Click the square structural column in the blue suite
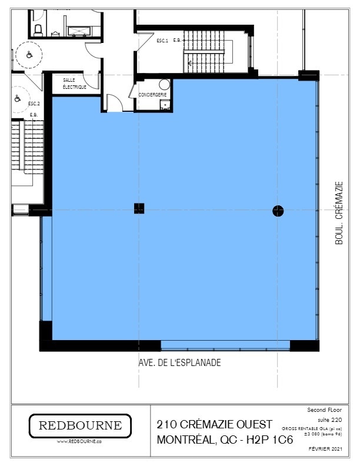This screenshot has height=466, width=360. (x=139, y=208)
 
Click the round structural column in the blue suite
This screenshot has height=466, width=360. (x=278, y=211)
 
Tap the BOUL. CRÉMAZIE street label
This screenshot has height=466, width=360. (x=339, y=212)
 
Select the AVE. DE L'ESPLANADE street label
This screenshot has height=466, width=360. (x=176, y=363)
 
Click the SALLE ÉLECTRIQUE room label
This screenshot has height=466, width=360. (x=75, y=84)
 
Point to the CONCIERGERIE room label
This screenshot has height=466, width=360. (x=153, y=94)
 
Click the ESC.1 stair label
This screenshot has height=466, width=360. (x=162, y=41)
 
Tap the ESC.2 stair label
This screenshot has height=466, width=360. (x=34, y=103)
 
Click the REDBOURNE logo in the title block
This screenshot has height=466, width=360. (x=80, y=425)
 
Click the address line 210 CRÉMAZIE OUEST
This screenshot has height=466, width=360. (x=215, y=424)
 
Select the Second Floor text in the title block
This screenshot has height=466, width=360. (x=328, y=409)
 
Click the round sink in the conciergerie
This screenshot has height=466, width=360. (x=164, y=85)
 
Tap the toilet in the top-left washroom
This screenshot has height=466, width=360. (x=38, y=28)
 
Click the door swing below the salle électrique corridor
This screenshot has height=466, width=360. (x=114, y=104)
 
